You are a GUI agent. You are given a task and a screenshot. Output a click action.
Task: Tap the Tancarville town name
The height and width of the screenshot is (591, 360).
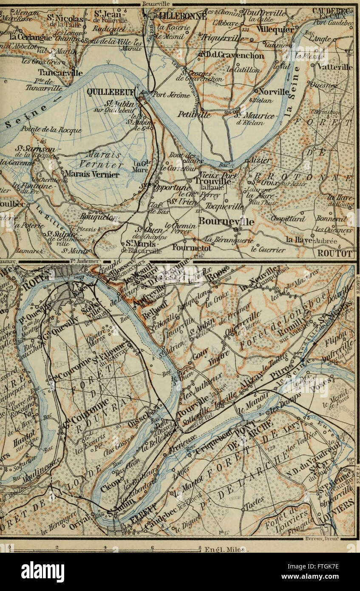66,73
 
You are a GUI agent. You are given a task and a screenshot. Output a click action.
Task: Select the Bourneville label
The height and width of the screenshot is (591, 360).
227,222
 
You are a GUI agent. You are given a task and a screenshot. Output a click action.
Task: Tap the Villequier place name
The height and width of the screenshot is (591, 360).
275,30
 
